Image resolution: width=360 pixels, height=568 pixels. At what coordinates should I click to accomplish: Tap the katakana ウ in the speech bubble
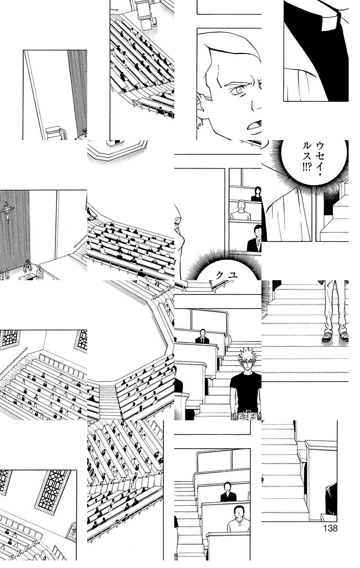[x=320, y=146]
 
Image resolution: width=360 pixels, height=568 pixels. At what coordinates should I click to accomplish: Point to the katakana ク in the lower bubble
[x=220, y=275]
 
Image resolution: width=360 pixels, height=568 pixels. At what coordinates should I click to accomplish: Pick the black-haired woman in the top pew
[x=257, y=194]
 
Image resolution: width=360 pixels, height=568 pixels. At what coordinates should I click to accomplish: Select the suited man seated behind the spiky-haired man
[x=202, y=336]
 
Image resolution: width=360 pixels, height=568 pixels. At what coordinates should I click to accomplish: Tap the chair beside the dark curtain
[x=56, y=133]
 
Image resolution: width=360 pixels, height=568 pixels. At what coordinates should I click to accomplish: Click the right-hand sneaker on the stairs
[x=343, y=337]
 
